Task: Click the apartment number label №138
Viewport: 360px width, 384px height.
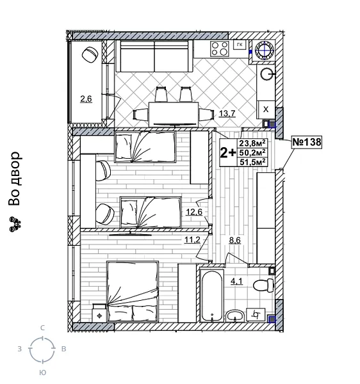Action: pos(306,142)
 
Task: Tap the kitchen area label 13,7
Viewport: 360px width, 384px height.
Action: pos(227,114)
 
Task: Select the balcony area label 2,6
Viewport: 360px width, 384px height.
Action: pos(86,99)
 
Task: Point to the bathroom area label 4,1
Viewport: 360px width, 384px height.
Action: pos(236,279)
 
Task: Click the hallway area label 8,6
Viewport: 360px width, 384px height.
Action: pos(234,241)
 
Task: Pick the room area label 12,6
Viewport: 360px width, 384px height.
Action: pos(193,212)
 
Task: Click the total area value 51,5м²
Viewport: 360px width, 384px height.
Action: pos(252,163)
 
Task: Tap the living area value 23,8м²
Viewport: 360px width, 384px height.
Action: pos(252,144)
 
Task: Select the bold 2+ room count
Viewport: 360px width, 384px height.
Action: pos(227,153)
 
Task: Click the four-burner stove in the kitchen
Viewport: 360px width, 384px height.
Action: pos(220,49)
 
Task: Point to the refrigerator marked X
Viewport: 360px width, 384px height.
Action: pos(266,109)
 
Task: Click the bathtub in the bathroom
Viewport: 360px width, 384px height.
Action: pos(210,295)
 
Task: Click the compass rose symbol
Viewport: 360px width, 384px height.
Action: pos(42,349)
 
